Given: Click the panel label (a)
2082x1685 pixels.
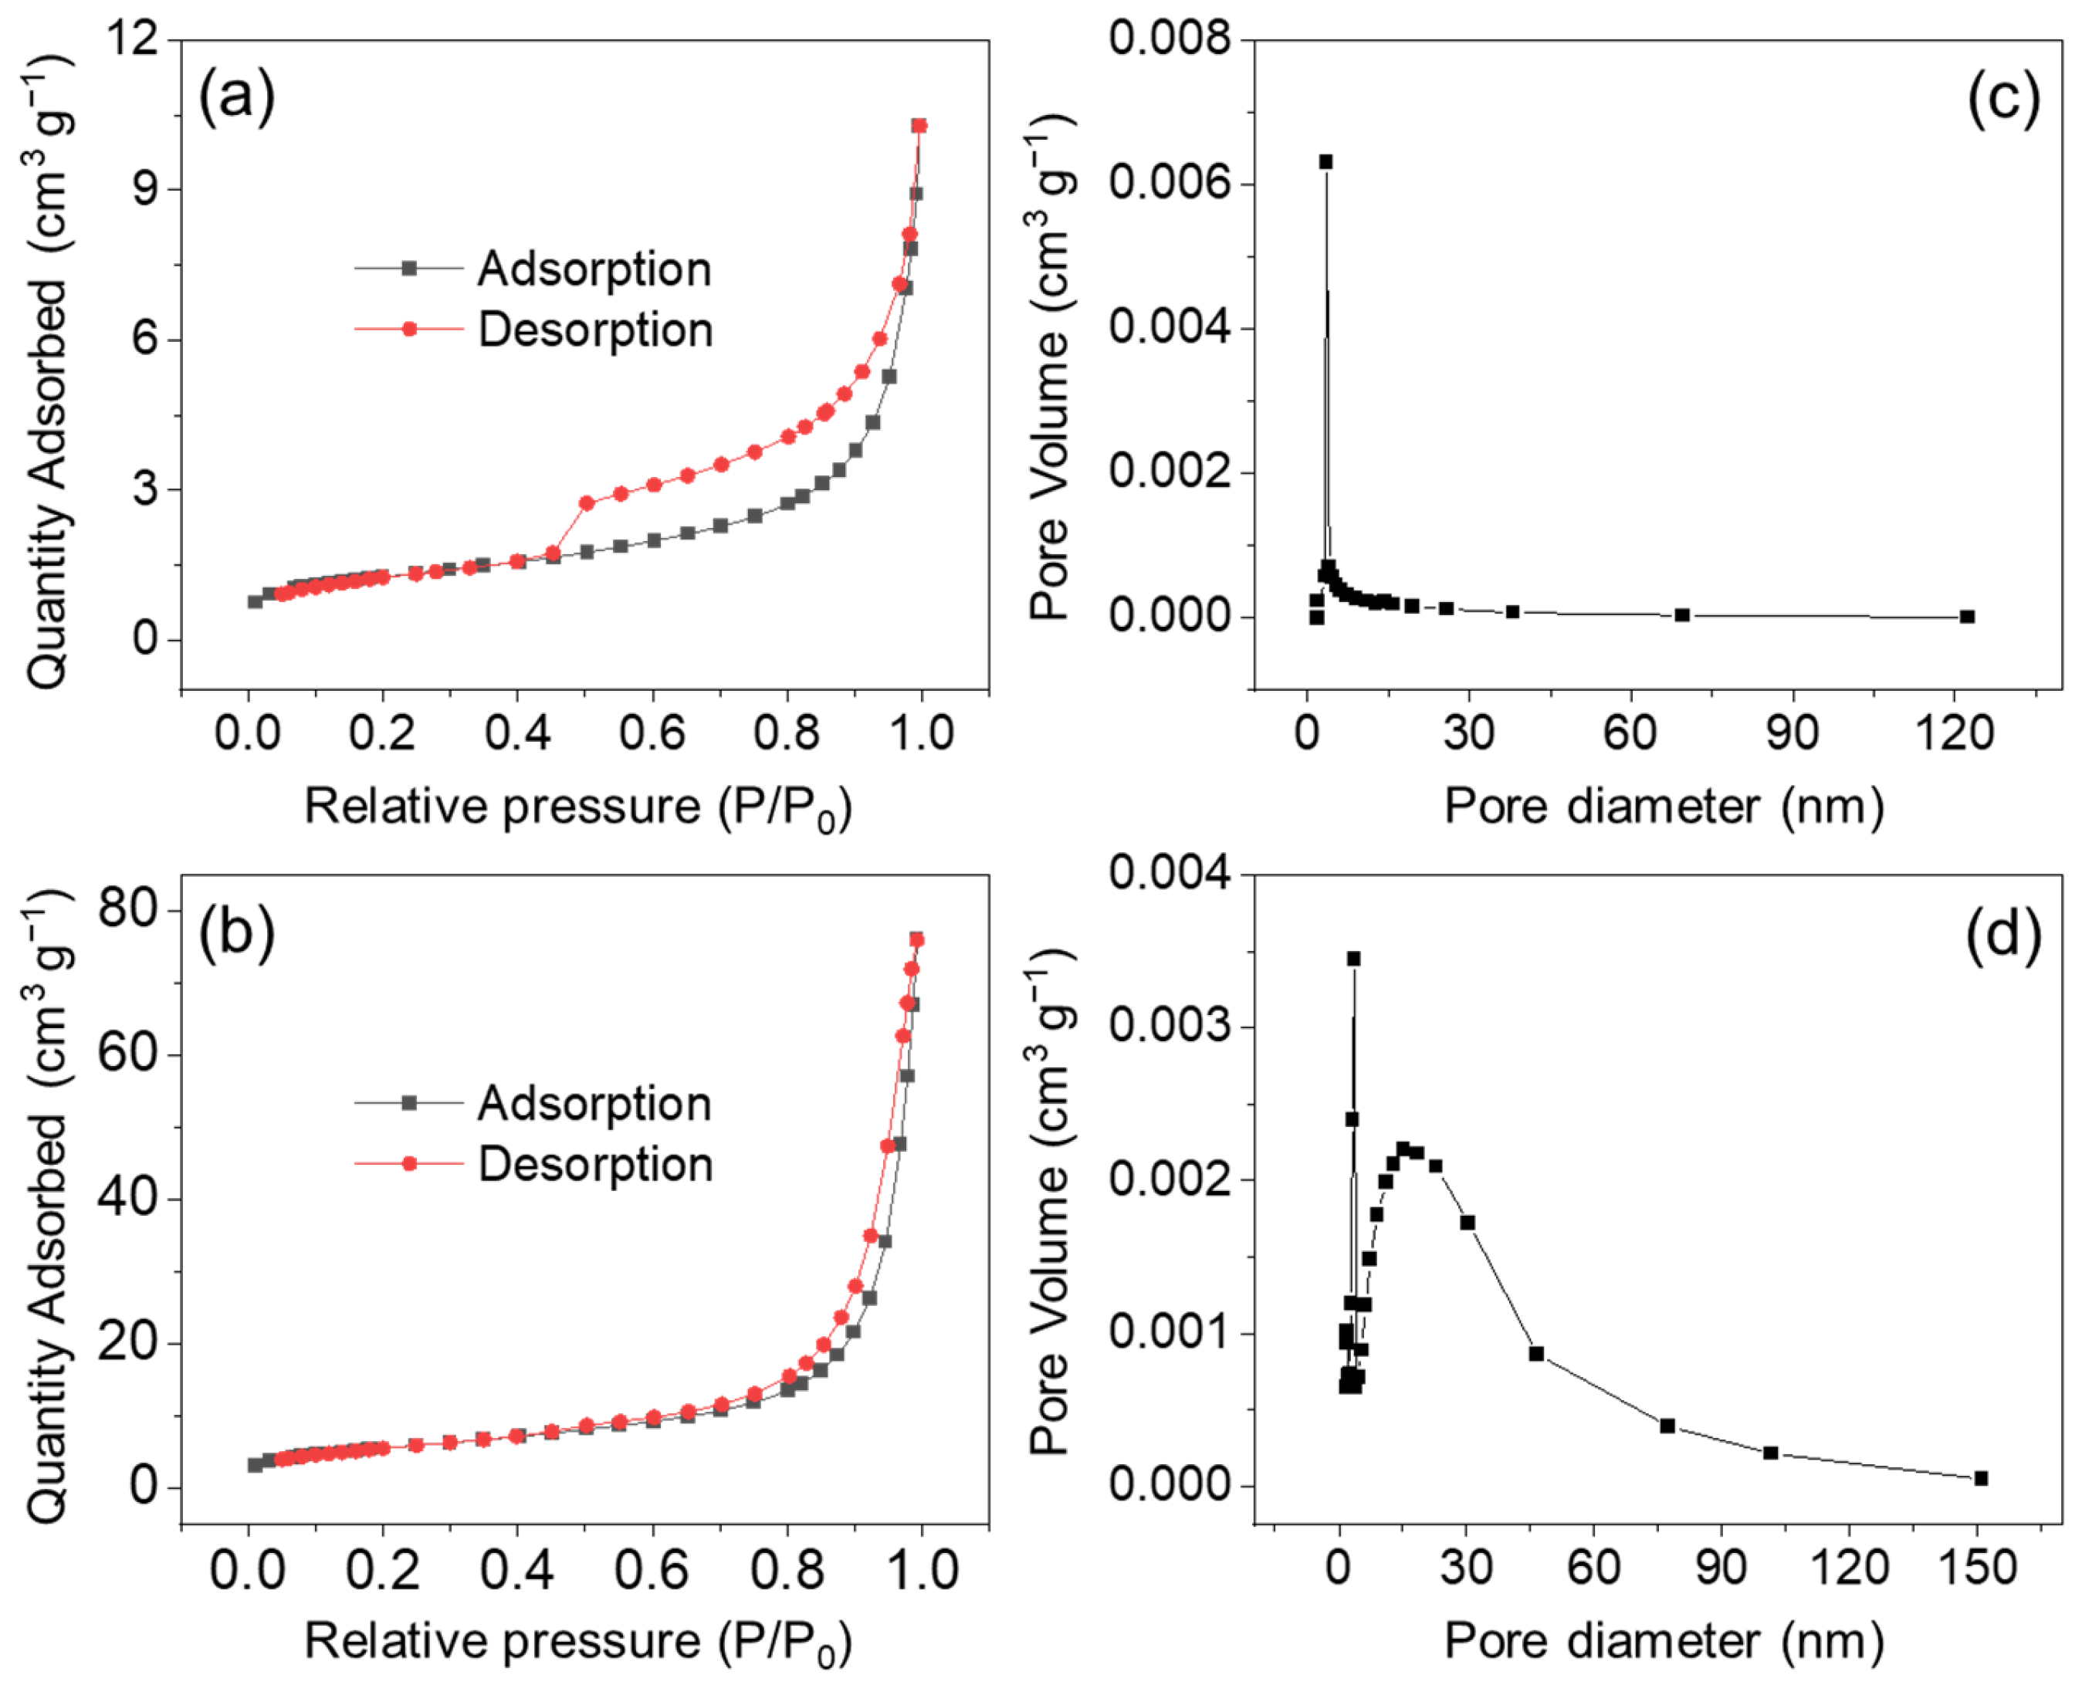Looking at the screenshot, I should [237, 98].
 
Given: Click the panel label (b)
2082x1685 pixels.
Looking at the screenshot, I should [237, 932].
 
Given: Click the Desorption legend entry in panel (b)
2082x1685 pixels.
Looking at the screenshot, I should [594, 1164].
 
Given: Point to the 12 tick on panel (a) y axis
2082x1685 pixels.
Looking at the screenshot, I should [133, 41].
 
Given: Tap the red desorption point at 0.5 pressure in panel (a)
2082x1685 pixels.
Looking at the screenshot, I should [586, 502].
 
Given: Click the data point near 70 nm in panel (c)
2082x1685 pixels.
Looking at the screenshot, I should [1682, 614].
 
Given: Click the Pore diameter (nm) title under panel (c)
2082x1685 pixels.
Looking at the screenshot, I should [1664, 806].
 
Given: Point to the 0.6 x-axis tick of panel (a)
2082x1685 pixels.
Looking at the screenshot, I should [652, 732].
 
